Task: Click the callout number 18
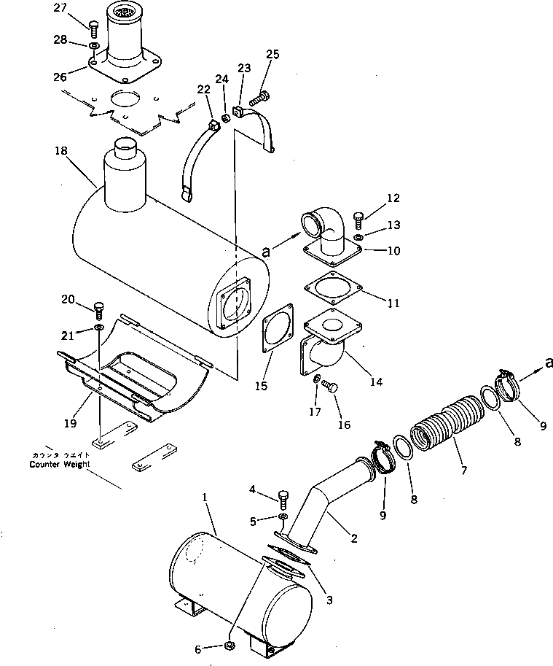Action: [x=60, y=150]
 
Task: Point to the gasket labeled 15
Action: [x=275, y=333]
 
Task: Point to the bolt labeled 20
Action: [x=100, y=308]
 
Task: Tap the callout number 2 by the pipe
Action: [x=354, y=539]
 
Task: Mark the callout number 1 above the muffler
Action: [x=205, y=497]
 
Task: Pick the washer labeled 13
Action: [x=359, y=238]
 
